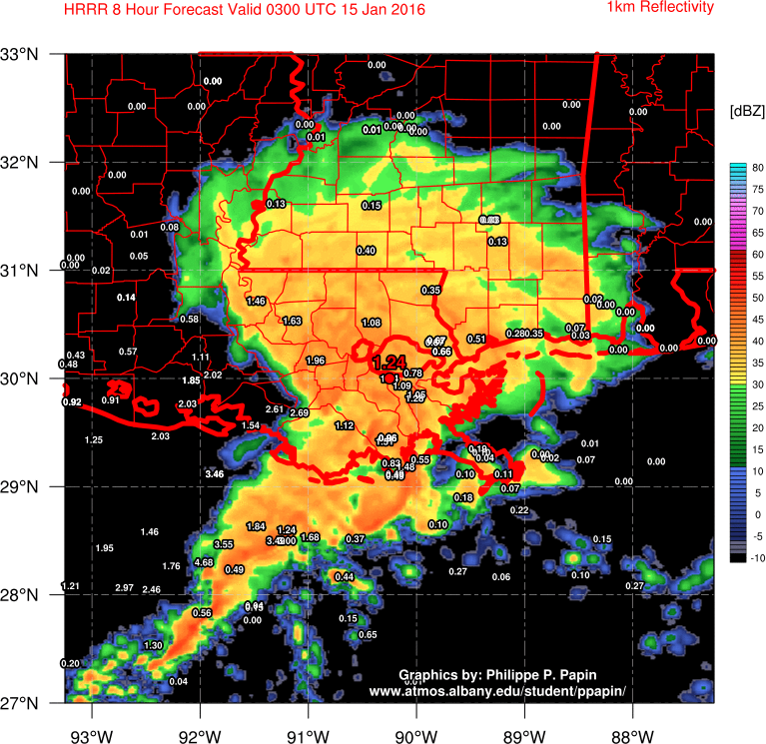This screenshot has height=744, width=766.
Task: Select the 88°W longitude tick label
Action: coord(633,724)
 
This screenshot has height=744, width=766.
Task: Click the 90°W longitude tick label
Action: coord(416,724)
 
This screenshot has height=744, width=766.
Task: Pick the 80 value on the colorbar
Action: coord(758,167)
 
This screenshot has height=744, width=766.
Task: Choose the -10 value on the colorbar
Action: coord(757,558)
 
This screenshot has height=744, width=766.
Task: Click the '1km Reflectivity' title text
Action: coord(660,8)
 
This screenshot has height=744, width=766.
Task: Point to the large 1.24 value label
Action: coord(390,362)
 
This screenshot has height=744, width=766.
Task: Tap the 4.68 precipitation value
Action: coord(204,562)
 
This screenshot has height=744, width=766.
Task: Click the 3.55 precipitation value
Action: coord(224,544)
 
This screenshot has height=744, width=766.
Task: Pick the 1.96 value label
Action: coord(316,361)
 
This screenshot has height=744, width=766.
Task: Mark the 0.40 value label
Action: coord(366,251)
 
